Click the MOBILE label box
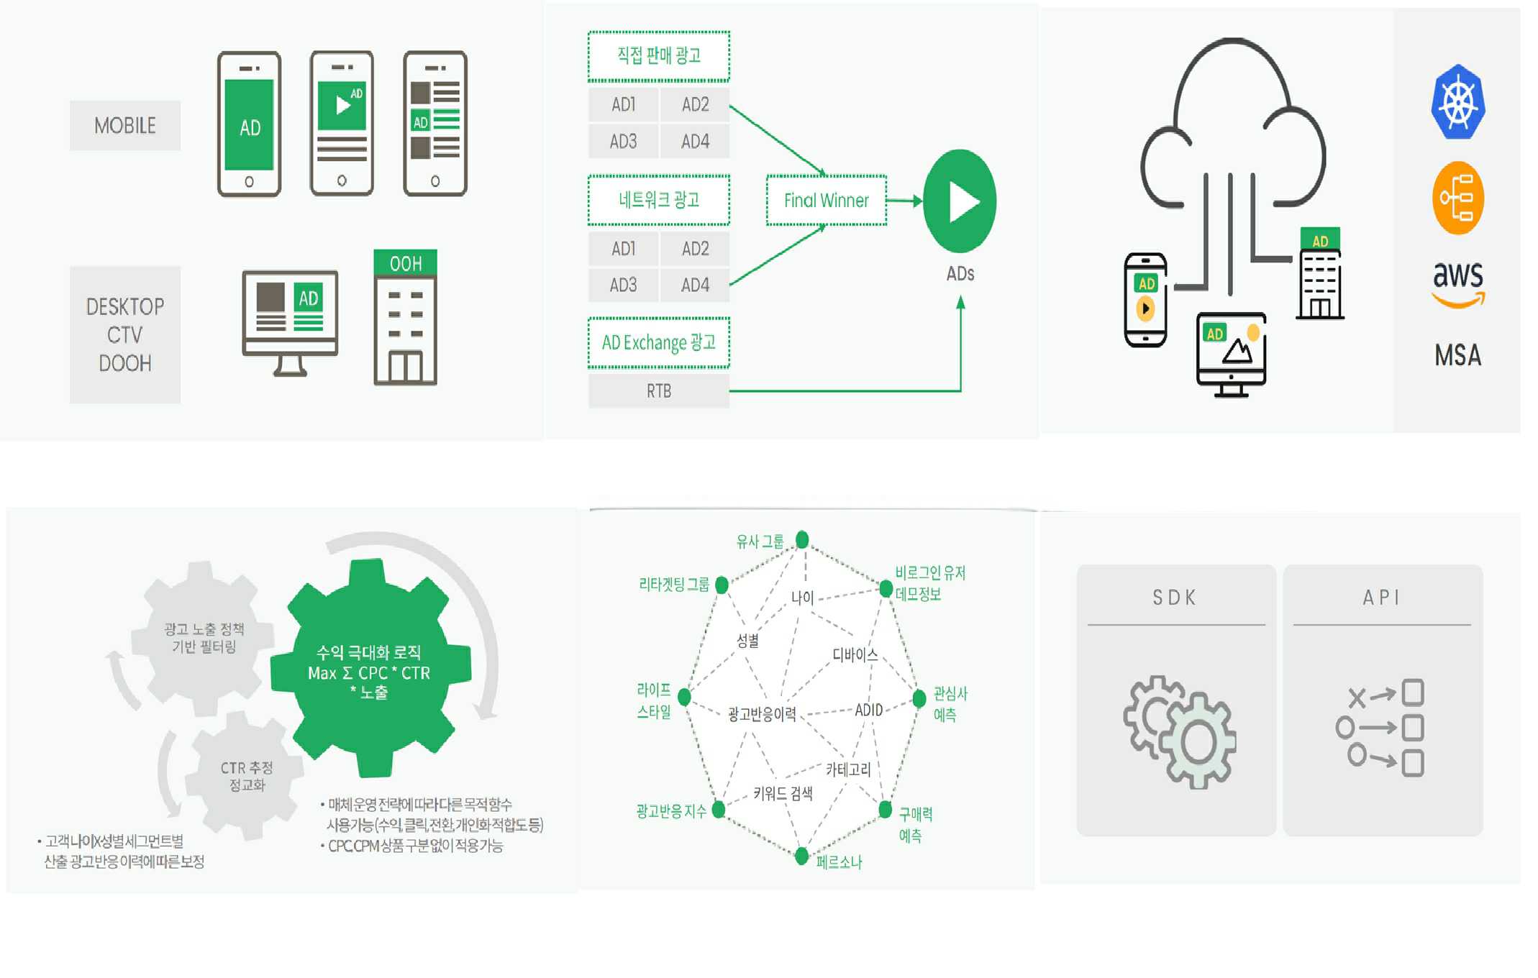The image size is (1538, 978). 125,126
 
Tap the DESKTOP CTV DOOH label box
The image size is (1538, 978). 125,334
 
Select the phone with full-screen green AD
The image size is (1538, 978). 249,124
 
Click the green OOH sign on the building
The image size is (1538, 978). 405,263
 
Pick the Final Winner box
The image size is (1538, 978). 826,201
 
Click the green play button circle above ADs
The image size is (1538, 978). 960,201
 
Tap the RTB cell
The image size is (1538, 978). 658,391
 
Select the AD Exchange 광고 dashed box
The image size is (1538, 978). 658,343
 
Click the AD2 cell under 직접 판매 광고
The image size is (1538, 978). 695,105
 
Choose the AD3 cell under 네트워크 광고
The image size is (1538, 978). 623,285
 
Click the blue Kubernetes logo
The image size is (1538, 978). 1457,101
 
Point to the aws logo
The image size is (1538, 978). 1457,283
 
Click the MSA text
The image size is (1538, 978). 1457,355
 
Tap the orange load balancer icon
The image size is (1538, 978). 1457,198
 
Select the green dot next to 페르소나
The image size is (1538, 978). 801,856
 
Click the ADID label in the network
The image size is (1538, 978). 868,710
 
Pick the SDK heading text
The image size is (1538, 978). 1175,598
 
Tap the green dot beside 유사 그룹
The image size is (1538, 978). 802,539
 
